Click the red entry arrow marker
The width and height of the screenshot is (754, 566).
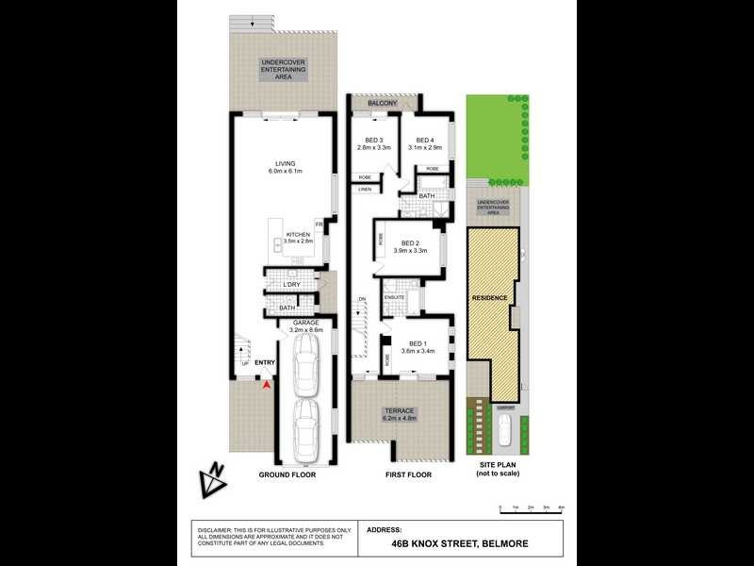coord(267,383)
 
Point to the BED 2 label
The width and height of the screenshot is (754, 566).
coord(410,242)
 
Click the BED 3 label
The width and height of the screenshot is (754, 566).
coord(373,141)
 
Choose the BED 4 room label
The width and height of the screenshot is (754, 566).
coord(424,141)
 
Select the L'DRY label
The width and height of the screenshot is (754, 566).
coord(291,284)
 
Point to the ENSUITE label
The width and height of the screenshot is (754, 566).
coord(394,297)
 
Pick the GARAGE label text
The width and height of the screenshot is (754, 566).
coord(303,323)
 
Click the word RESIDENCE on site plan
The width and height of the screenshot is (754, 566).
coord(491,298)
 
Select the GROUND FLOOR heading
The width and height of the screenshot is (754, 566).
coord(287,474)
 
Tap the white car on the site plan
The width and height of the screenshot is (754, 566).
coord(504,432)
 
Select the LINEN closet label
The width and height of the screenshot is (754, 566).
coord(364,190)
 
